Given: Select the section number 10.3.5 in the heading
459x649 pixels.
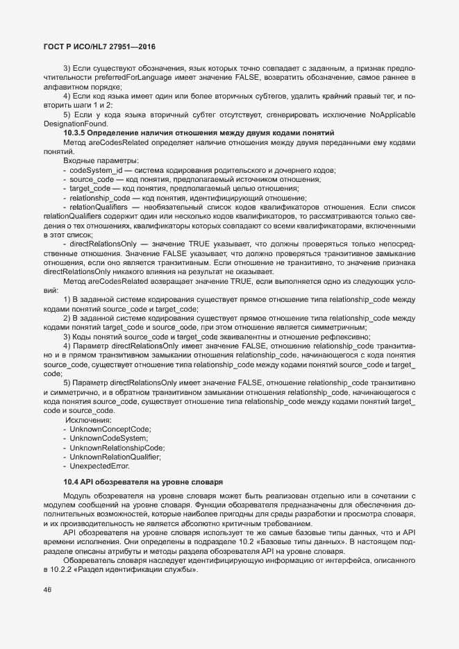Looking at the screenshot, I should tap(76, 132).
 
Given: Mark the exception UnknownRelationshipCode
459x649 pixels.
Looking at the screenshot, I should tap(117, 448).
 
